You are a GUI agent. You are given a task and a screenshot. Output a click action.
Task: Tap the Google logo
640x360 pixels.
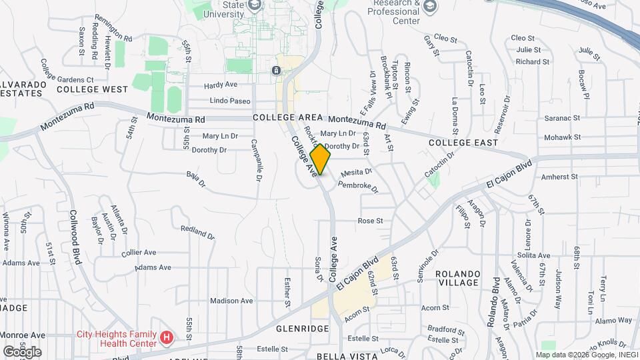22,351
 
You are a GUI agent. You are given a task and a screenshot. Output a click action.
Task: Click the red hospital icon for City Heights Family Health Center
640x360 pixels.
167,339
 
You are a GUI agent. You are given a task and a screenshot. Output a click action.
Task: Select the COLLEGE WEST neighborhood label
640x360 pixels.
92,89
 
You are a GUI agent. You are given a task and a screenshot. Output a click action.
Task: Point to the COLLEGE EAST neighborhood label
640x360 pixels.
463,143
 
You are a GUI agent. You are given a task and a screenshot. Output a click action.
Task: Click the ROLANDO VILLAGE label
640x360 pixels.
467,279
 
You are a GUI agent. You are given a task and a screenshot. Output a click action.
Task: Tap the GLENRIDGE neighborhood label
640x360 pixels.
302,329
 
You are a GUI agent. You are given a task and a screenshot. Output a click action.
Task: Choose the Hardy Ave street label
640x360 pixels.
221,85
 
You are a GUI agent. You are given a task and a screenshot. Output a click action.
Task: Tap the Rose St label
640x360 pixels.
371,221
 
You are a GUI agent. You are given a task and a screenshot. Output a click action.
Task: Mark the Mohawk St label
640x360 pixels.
563,137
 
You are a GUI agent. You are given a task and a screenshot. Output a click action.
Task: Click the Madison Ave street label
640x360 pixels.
231,301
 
